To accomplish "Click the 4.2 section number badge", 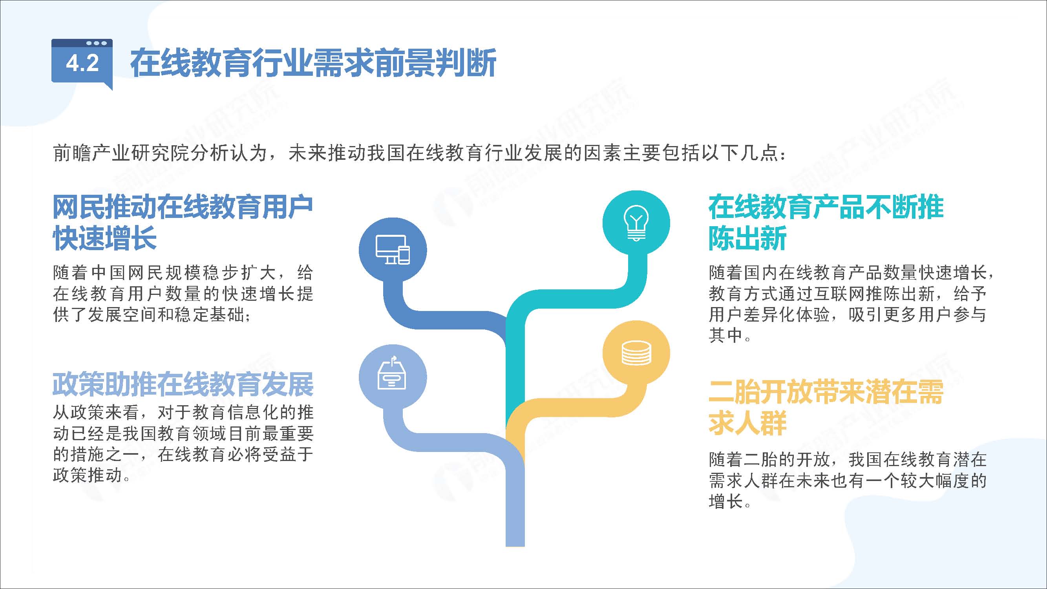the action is (82, 63).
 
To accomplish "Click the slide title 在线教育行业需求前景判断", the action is (313, 63).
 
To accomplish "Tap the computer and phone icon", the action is (393, 250).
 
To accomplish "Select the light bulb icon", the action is (636, 223).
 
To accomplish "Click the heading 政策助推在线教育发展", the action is (183, 384).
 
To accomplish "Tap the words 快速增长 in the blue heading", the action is (105, 238).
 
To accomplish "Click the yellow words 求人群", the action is (747, 423).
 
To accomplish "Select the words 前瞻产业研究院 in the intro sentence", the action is (111, 153).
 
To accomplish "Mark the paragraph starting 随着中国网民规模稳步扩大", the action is (183, 293).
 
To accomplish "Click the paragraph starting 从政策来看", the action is (183, 444).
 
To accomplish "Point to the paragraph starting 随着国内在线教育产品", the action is (851, 304).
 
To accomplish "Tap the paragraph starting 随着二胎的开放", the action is (848, 481).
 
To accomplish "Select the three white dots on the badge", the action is (96, 43).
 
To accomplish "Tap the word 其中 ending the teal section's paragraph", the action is (726, 335).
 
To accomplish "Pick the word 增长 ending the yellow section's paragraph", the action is (726, 501).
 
